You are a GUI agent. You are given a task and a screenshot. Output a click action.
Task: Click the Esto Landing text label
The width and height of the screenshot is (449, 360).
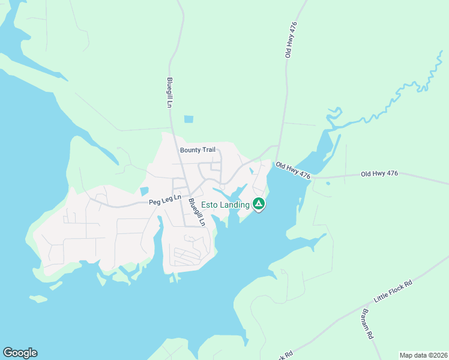[x=224, y=205]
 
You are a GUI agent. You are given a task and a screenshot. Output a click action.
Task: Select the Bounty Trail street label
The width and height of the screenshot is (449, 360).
[x=197, y=149]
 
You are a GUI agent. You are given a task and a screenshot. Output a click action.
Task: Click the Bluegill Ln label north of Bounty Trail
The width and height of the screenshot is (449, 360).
[x=170, y=94]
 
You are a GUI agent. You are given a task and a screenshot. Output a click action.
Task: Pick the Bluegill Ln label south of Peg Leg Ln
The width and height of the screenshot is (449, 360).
[x=197, y=212]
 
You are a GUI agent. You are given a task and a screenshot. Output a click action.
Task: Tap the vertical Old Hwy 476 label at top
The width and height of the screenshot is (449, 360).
[x=291, y=39]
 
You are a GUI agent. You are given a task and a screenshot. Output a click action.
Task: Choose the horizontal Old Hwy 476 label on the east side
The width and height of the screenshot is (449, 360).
[x=379, y=174]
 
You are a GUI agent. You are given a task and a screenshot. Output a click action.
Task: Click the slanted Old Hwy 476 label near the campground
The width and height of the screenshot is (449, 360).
[x=293, y=170]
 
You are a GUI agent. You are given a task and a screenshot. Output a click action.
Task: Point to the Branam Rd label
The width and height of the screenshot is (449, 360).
[x=368, y=324]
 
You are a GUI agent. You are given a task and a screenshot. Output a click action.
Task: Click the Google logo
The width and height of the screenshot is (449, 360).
[x=20, y=353]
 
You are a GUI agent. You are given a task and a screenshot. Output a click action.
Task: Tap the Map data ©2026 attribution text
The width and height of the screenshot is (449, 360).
[x=423, y=355]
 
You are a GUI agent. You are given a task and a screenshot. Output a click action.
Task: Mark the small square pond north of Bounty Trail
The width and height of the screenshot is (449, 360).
[x=189, y=119]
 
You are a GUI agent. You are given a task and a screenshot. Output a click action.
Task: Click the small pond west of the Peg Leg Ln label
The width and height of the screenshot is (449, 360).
[x=144, y=191]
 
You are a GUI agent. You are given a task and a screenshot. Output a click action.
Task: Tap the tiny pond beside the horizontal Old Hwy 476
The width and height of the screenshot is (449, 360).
[x=328, y=183]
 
